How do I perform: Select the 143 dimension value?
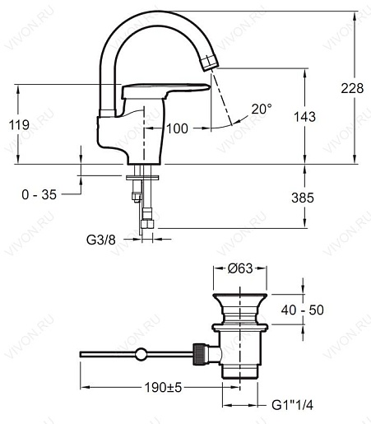[x=304, y=118]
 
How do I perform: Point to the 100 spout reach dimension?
[x=177, y=128]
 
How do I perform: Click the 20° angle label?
[x=262, y=108]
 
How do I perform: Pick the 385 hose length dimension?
[x=304, y=197]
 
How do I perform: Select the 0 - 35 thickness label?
[x=39, y=194]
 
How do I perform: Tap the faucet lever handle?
[x=165, y=91]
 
